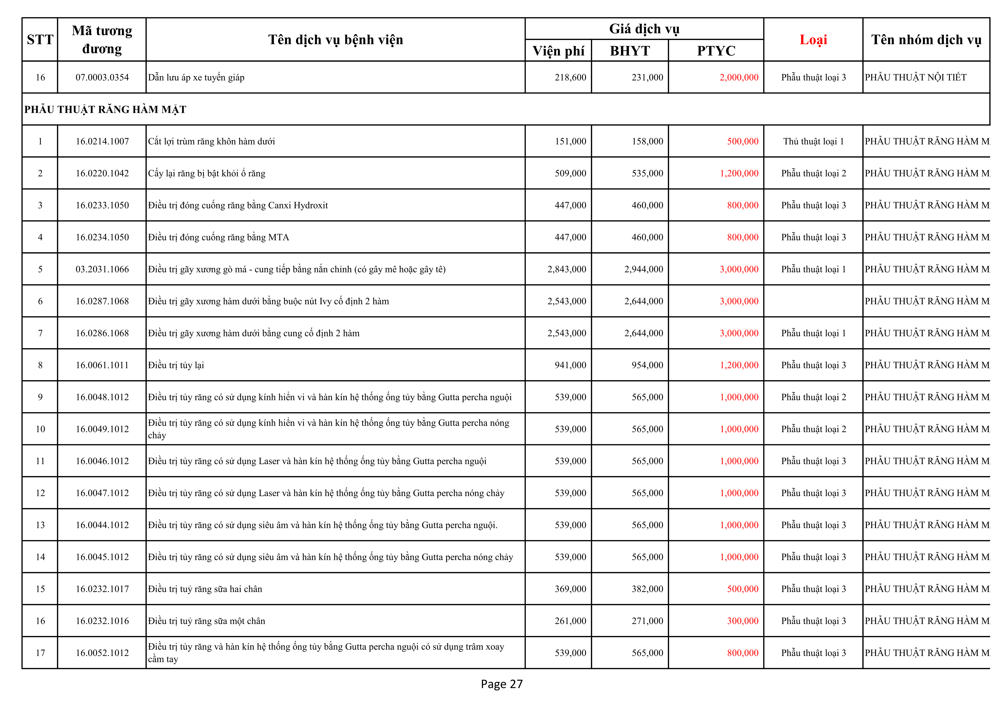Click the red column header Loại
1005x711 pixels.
coord(813,40)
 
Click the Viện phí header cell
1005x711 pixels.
coord(558,51)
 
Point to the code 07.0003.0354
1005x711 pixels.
coord(102,77)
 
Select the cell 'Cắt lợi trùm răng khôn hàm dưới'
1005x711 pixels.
coord(211,141)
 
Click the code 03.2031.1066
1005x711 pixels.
coord(102,269)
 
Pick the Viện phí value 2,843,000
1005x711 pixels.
coord(566,269)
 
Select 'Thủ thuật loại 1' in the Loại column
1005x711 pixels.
coord(813,141)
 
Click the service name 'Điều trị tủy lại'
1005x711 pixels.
coord(176,365)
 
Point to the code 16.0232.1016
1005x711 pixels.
coord(102,621)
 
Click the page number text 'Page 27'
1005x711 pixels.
coord(502,684)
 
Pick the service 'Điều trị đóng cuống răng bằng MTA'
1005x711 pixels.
coord(218,237)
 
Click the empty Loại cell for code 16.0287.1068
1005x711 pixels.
coord(813,301)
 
